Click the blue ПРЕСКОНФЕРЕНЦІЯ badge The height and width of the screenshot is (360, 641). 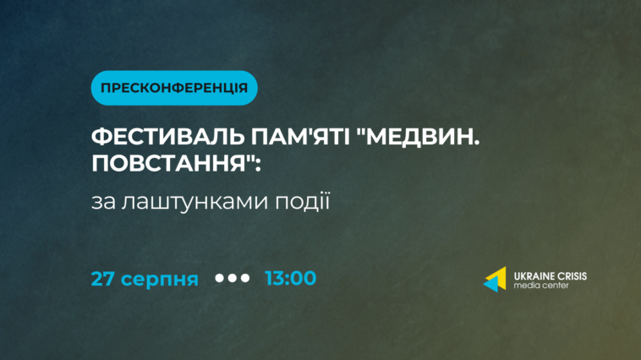click(x=174, y=88)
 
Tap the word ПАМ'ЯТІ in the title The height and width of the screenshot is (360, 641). click(x=300, y=137)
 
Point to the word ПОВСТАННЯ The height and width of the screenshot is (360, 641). click(x=168, y=163)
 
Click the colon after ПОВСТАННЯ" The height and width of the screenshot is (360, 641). click(x=258, y=165)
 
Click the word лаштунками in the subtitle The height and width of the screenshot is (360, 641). click(x=194, y=201)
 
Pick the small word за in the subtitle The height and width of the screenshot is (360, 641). click(x=103, y=203)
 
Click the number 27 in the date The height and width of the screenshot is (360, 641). click(x=103, y=279)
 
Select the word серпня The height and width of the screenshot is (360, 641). click(x=160, y=281)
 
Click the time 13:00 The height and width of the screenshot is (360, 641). click(x=291, y=278)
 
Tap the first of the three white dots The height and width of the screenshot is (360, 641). click(x=220, y=278)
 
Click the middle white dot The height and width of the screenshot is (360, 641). click(x=233, y=278)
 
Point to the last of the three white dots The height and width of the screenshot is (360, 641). click(x=245, y=278)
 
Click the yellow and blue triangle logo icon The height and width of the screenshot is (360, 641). click(x=496, y=280)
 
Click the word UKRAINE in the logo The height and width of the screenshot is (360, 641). click(x=533, y=276)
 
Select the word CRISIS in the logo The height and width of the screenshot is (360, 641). click(x=571, y=276)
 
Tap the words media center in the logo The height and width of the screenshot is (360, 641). click(x=541, y=286)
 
